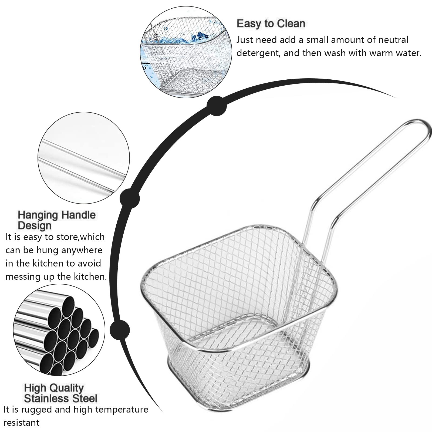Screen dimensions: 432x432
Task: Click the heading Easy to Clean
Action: [271, 24]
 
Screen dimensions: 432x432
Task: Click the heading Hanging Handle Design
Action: [57, 220]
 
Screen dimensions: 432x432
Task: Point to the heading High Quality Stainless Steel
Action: [60, 393]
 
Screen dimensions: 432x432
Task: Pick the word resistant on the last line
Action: [21, 423]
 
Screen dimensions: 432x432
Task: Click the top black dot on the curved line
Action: [217, 106]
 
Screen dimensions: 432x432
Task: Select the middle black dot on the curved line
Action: [130, 199]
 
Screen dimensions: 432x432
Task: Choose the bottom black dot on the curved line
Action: [120, 330]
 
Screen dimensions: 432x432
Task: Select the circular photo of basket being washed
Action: [186, 52]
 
